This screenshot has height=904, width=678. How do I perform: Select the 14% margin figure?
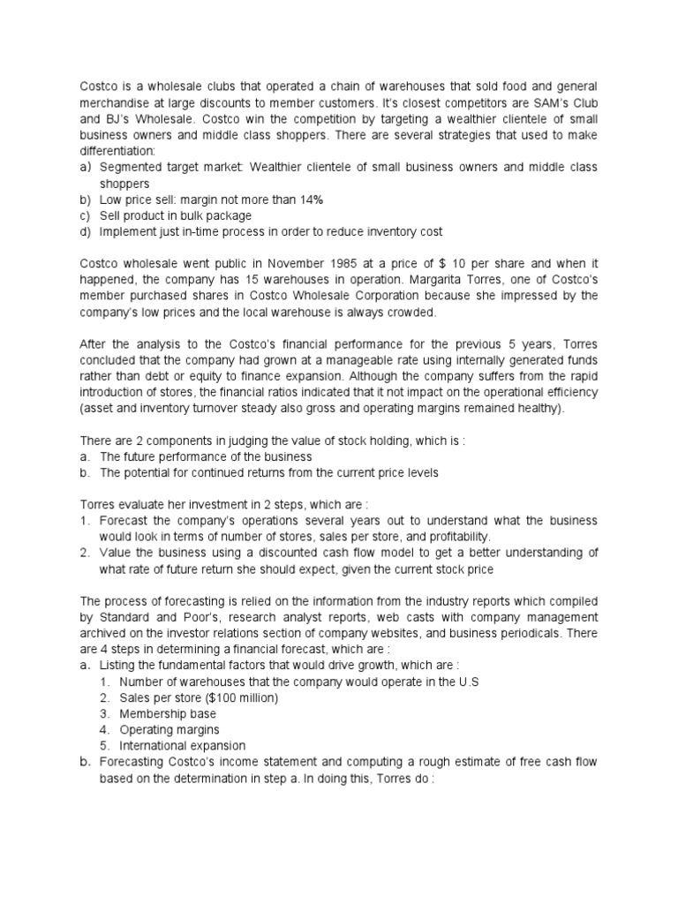(306, 200)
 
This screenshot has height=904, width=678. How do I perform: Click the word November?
(310, 264)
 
